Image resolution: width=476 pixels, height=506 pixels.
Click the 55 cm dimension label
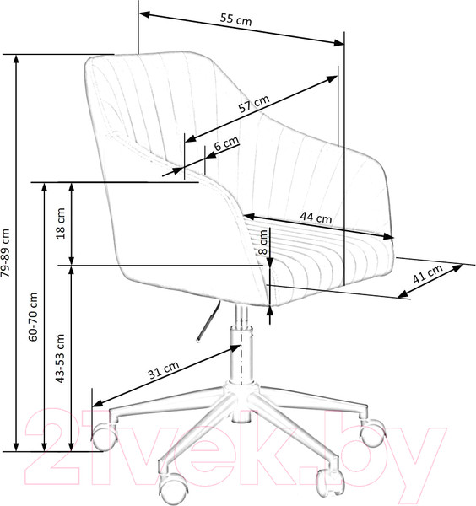[x=235, y=19]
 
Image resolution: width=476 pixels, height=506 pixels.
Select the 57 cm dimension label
[x=254, y=103]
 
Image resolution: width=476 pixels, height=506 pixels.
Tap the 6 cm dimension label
[x=226, y=143]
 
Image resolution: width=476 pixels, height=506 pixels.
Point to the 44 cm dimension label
[x=316, y=218]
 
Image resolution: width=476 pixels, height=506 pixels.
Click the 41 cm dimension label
[x=428, y=273]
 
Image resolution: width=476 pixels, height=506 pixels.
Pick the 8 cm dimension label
[x=263, y=242]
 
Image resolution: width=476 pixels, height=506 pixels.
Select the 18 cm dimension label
[x=61, y=223]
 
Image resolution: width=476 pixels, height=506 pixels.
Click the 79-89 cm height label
[x=6, y=253]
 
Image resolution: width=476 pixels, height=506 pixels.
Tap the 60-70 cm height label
[x=33, y=316]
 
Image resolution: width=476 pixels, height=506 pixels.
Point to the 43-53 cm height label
[x=61, y=358]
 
